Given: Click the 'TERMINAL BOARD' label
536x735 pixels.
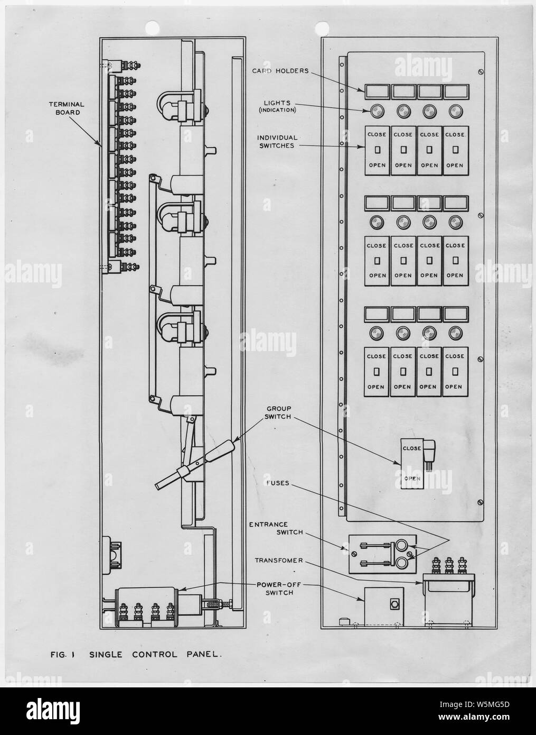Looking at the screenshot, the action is [67, 108].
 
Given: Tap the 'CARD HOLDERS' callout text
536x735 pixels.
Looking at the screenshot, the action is [280, 71].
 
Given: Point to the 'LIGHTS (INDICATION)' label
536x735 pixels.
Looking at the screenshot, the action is [277, 107].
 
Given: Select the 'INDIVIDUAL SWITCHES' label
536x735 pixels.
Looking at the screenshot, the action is [277, 142].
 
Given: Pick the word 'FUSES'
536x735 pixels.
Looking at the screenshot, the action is [278, 483].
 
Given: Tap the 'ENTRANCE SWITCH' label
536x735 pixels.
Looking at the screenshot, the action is [276, 528].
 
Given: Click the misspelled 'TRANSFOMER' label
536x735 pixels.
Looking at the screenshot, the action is [279, 561].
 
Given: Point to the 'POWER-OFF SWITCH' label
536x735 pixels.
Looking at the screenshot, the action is [279, 589].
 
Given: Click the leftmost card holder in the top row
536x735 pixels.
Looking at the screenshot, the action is [377, 92].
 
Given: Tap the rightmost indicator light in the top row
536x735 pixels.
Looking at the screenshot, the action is [455, 112].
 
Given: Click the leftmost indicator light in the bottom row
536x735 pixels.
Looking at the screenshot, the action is [377, 333].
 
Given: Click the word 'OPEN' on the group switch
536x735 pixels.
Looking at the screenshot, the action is [412, 479].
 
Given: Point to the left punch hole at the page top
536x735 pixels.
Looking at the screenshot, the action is [152, 27].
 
